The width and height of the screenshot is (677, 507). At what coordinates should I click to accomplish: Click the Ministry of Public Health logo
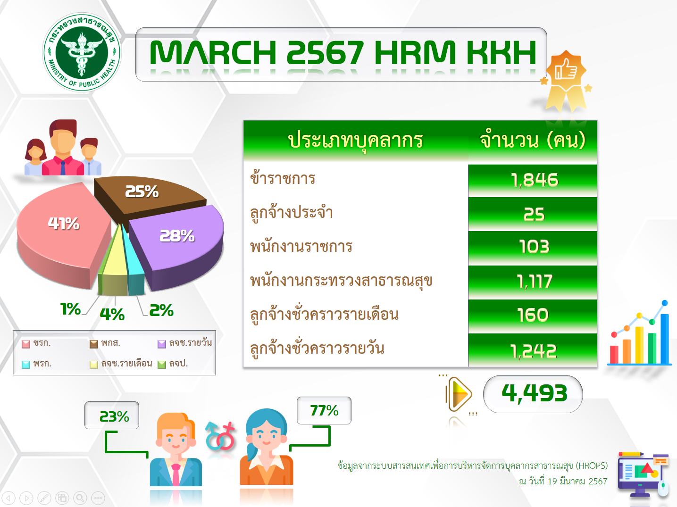tap(82, 52)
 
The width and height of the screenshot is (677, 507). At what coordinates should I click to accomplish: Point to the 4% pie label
tap(112, 315)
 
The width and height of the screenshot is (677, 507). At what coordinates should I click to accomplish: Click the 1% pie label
tap(70, 309)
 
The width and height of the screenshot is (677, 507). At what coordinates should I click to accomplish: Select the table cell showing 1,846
tap(533, 181)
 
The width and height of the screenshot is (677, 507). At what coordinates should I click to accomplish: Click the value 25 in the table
tap(534, 215)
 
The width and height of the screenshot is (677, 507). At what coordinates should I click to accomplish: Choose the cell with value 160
tap(533, 316)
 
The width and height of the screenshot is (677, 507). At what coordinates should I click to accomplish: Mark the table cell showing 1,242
tap(533, 350)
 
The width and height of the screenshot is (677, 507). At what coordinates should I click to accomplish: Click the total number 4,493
tap(534, 394)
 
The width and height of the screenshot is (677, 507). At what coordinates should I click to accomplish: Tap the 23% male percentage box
tap(112, 415)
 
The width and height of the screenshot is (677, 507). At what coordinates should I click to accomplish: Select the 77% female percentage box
tap(324, 410)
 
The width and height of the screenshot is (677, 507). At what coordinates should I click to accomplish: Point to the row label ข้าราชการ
tap(283, 178)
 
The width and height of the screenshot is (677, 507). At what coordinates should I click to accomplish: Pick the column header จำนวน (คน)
tap(533, 141)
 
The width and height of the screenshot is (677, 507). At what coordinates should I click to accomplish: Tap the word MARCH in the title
tap(213, 53)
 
